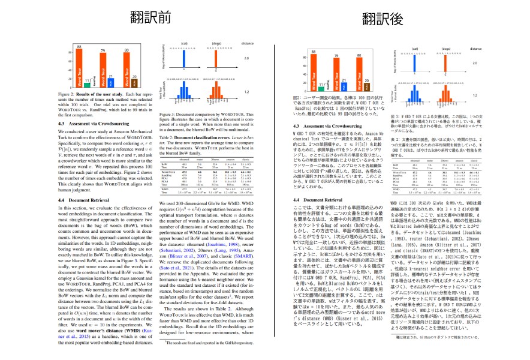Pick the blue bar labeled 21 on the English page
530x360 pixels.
pos(111,82)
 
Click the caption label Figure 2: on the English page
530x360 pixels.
pos(65,95)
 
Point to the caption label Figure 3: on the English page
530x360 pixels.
pos(171,113)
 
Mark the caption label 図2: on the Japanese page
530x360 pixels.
pos(297,96)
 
